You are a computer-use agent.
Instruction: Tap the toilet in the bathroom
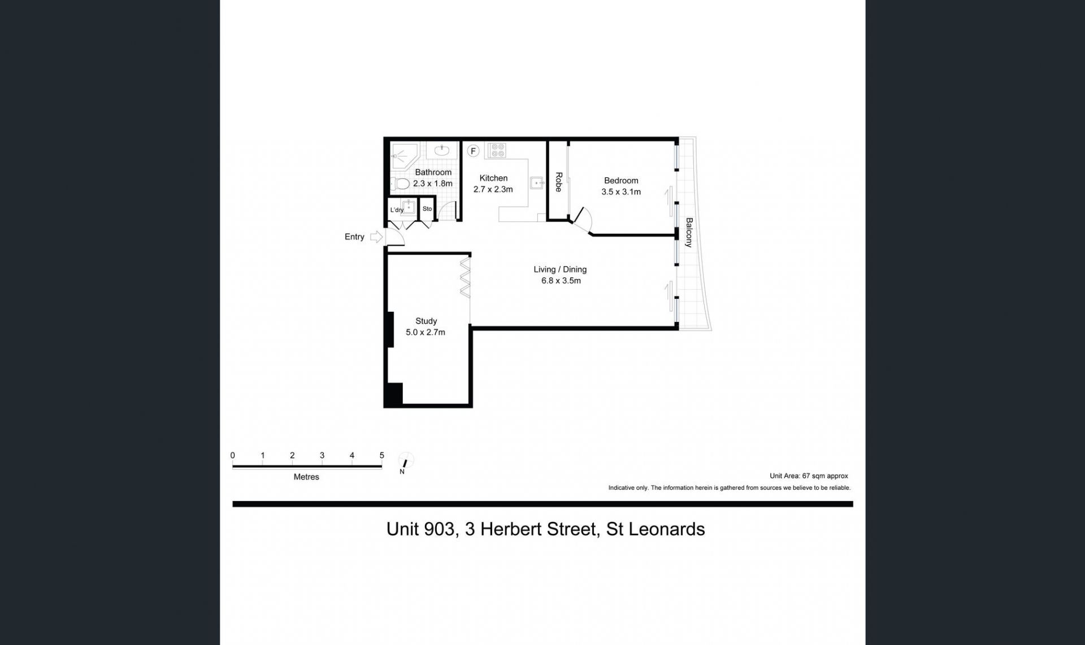[x=402, y=184]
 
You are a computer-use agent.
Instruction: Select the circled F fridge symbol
[x=474, y=151]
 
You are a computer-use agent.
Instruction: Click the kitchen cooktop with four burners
[x=497, y=150]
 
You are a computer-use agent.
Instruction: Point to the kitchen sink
[x=536, y=183]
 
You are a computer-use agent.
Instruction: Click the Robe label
[x=558, y=182]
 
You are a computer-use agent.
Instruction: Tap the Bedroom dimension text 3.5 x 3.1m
[x=620, y=192]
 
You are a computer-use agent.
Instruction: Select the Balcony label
[x=689, y=232]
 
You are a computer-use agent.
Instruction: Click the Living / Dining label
[x=560, y=269]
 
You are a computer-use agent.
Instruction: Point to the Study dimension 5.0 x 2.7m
[x=426, y=332]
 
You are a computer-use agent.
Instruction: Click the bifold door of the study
[x=466, y=277]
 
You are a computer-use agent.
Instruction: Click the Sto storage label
[x=427, y=209]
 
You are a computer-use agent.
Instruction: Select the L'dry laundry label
[x=397, y=210]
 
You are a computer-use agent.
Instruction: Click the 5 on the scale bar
[x=382, y=455]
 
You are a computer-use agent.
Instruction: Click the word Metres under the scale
[x=306, y=477]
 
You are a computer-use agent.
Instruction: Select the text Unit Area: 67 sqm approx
[x=809, y=476]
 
